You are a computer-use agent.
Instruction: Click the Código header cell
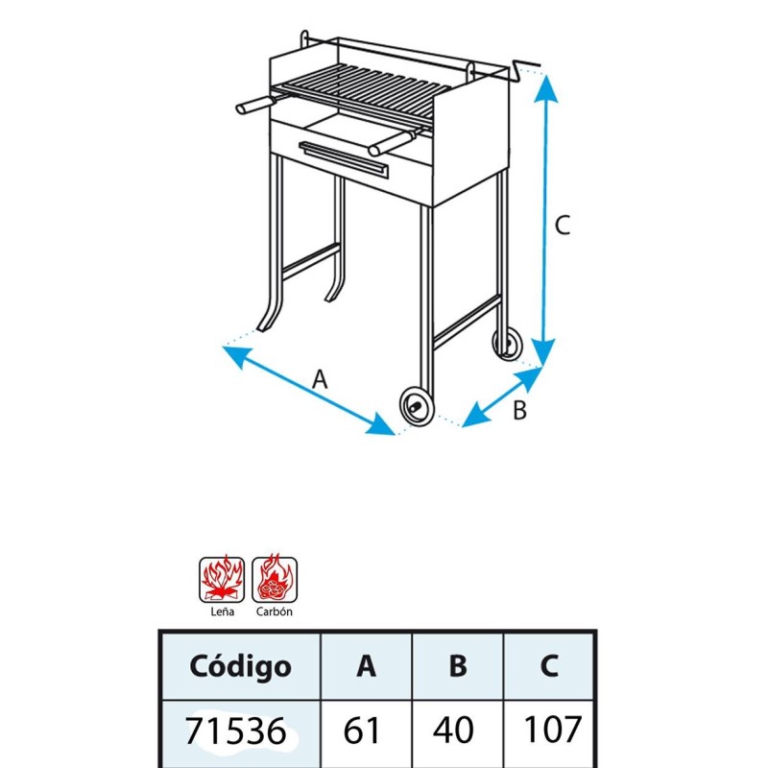coord(241,666)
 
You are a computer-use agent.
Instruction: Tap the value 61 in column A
coord(362,731)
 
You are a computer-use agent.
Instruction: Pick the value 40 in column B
coord(453,731)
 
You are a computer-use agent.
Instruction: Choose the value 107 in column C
coord(553,730)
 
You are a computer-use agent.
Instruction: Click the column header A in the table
coord(367,666)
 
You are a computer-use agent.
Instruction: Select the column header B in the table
coord(458,666)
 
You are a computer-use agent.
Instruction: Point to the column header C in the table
coord(549,666)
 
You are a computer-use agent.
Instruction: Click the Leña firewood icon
coord(222,580)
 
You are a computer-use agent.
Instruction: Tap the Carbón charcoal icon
coord(275,580)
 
